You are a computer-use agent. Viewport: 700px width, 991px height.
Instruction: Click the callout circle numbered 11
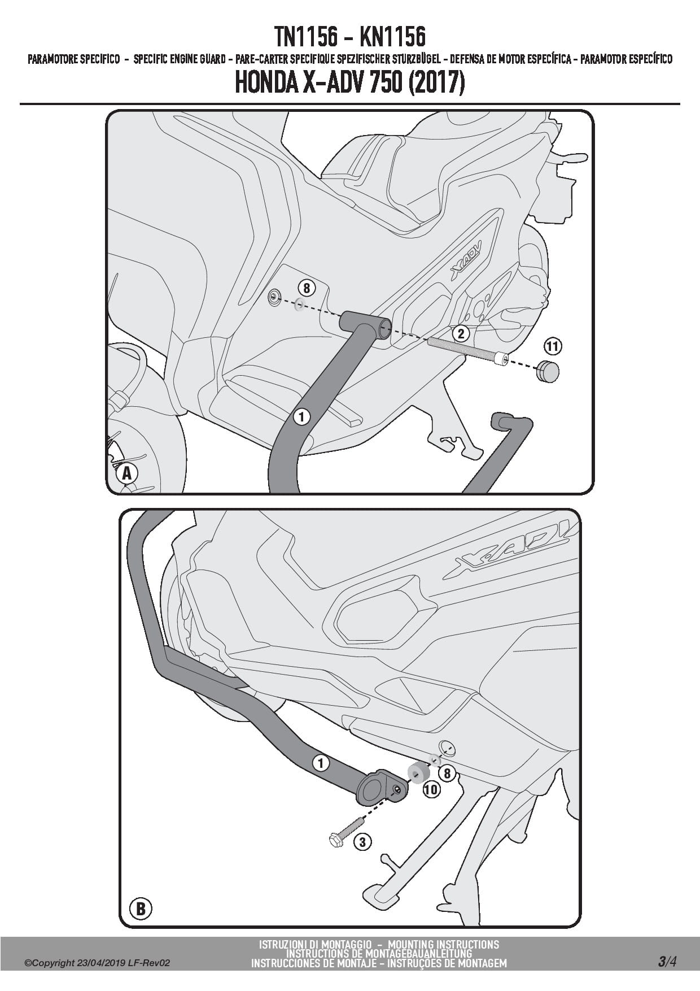(x=553, y=346)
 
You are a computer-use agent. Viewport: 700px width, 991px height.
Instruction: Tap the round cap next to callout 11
(x=547, y=371)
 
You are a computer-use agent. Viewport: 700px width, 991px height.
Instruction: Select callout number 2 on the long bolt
(x=461, y=333)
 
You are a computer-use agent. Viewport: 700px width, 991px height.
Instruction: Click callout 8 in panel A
(x=307, y=289)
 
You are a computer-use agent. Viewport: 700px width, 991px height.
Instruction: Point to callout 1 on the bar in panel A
(x=302, y=417)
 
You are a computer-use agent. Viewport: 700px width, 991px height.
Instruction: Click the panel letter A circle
(x=127, y=473)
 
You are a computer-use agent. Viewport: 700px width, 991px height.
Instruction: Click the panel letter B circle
(x=141, y=909)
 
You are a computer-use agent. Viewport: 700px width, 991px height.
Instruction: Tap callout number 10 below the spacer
(x=431, y=789)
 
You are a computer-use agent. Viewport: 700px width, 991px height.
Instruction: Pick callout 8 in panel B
(x=447, y=772)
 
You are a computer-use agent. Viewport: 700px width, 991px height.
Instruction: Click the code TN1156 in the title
(x=306, y=38)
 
